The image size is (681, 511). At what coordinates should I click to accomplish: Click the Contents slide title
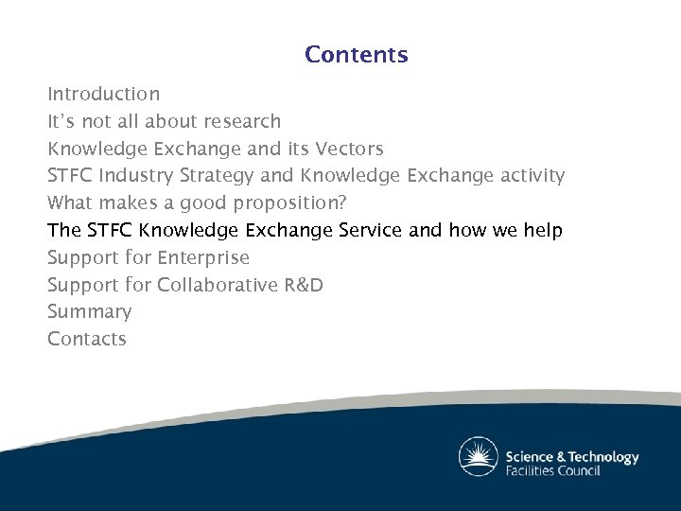(356, 55)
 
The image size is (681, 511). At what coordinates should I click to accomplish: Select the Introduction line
(104, 95)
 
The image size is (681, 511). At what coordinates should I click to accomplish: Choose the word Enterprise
(203, 258)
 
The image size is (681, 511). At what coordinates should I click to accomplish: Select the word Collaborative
(218, 285)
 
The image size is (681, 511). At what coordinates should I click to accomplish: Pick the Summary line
(90, 312)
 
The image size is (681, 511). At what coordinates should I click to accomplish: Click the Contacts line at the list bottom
(87, 339)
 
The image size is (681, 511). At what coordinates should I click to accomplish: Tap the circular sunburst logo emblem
(478, 456)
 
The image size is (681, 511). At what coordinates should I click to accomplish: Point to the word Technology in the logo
(600, 456)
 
